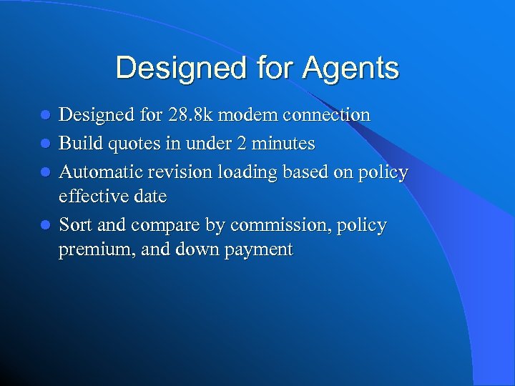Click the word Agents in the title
pyautogui.click(x=350, y=69)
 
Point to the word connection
pyautogui.click(x=326, y=114)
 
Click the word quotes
pyautogui.click(x=133, y=144)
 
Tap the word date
pyautogui.click(x=151, y=196)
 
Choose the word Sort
pyautogui.click(x=75, y=225)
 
